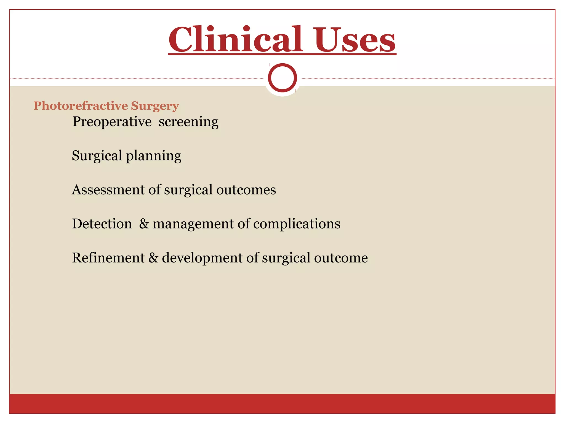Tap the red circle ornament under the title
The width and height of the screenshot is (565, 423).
click(282, 78)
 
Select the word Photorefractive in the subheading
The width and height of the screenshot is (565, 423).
click(81, 106)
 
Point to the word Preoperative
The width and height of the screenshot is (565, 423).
click(112, 122)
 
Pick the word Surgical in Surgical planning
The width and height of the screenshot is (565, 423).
click(97, 156)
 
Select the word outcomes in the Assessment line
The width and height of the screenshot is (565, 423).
click(246, 190)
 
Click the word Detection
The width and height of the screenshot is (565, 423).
click(102, 224)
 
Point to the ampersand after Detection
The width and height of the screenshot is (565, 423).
click(144, 224)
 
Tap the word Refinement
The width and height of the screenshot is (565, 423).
click(108, 258)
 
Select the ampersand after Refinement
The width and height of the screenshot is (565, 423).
click(153, 258)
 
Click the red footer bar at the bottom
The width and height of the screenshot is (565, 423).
click(282, 403)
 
